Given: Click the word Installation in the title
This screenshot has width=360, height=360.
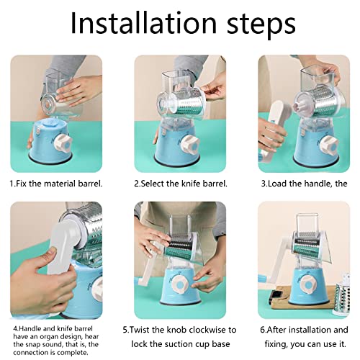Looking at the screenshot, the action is coord(143,23).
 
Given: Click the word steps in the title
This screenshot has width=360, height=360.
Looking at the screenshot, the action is coord(261,25).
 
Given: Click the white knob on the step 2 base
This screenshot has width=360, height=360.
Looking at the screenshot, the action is coord(190,145).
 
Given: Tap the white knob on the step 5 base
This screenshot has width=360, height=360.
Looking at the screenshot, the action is coord(181,284).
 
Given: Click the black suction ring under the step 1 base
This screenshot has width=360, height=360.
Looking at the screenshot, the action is coord(50,158).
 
